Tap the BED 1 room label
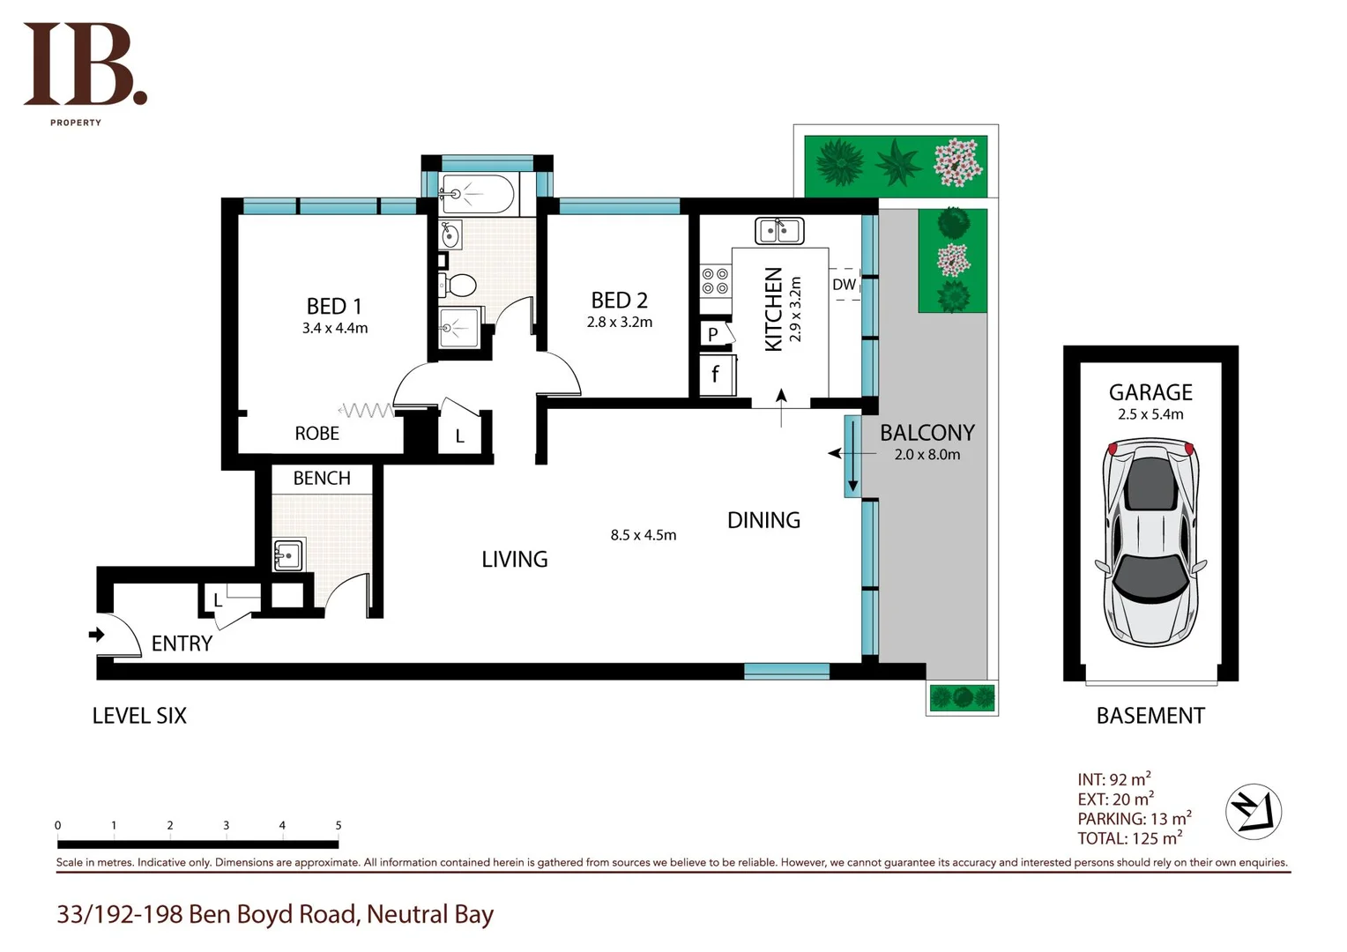pos(334,306)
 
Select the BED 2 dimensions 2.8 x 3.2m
pos(620,323)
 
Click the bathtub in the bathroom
pos(477,195)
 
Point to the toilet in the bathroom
pos(458,285)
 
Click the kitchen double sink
pos(778,231)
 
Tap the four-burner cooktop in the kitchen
pos(715,281)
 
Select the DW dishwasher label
pos(844,284)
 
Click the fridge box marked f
pos(715,375)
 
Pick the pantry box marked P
pos(713,334)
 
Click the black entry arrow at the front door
pos(96,634)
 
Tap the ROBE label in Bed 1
pos(316,434)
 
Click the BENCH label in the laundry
pos(322,478)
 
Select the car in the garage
pos(1150,544)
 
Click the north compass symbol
pos(1253,811)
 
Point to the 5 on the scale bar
pos(339,826)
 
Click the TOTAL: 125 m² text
pos(1129,838)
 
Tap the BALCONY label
pos(927,433)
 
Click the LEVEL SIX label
pos(139,716)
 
